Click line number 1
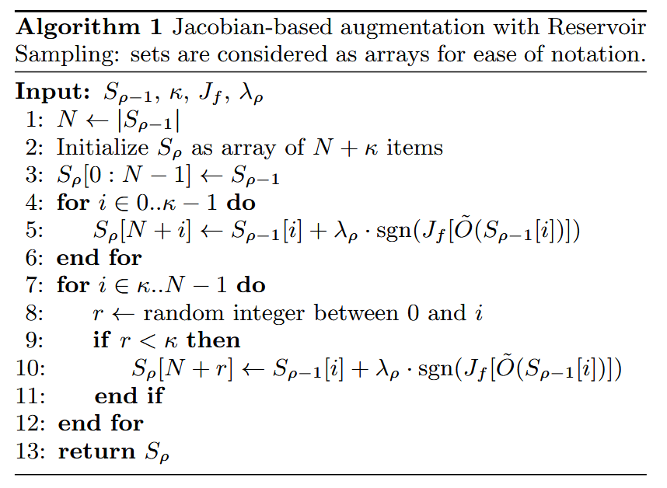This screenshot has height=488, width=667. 33,120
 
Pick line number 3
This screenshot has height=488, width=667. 33,176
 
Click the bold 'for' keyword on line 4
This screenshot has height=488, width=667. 73,204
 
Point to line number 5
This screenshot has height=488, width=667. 33,232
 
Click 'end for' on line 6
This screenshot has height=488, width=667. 99,258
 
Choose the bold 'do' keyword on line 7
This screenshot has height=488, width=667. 250,285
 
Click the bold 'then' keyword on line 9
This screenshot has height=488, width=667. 214,340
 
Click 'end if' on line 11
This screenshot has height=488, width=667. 129,396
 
